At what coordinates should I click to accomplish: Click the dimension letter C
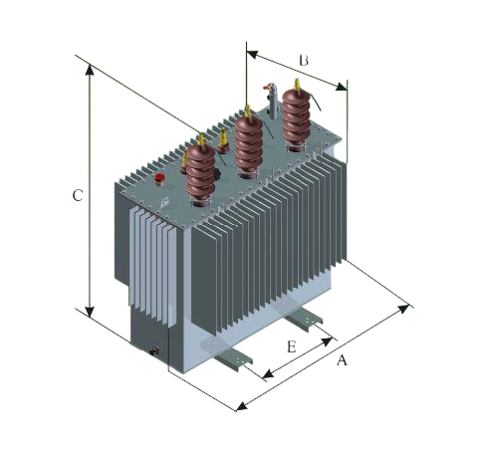pyautogui.click(x=80, y=197)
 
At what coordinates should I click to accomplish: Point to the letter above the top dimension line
pyautogui.click(x=303, y=60)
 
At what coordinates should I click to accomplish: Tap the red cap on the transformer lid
pyautogui.click(x=159, y=180)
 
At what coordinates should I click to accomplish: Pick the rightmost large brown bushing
pyautogui.click(x=294, y=117)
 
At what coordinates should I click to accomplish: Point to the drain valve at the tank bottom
pyautogui.click(x=154, y=349)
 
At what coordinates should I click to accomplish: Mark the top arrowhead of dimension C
pyautogui.click(x=90, y=69)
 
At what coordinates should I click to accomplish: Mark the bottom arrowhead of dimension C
pyautogui.click(x=90, y=308)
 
